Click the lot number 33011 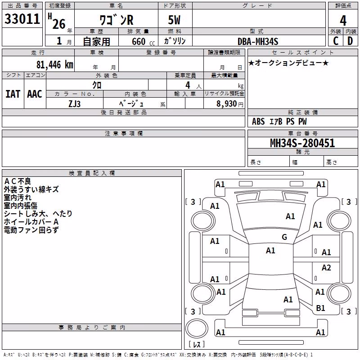(x=22, y=19)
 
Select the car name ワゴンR (x=117, y=20)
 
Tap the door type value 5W (x=174, y=20)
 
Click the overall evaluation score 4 (x=343, y=20)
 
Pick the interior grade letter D (x=350, y=41)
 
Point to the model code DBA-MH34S (x=258, y=41)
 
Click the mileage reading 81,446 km (x=55, y=65)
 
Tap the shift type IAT (x=13, y=94)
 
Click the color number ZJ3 (x=75, y=104)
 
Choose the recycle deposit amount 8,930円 (x=230, y=104)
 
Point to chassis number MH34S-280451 (x=302, y=143)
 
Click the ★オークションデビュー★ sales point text (x=288, y=63)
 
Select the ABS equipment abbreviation (x=258, y=121)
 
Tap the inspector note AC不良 (x=18, y=181)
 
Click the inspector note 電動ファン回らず (x=31, y=230)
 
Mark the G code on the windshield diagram (x=284, y=237)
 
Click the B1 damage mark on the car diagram (x=320, y=308)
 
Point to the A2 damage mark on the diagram (x=326, y=268)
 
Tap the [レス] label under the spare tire (x=197, y=344)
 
